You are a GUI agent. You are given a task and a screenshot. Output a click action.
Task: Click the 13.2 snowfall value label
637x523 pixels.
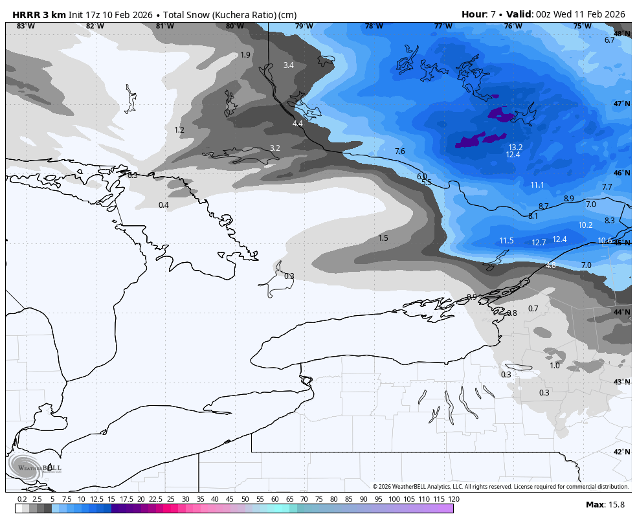pos(515,147)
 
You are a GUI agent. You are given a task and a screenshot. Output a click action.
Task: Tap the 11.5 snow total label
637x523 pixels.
pos(506,241)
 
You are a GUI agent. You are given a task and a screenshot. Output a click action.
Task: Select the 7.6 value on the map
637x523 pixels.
pos(399,151)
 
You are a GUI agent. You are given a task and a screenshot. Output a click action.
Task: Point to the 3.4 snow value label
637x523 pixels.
pos(289,65)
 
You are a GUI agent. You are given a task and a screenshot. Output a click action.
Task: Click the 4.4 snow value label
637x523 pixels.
pos(298,124)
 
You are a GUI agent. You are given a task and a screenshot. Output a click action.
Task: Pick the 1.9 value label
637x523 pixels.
pos(245,55)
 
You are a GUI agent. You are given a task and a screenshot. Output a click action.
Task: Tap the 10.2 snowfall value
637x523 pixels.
pos(585,225)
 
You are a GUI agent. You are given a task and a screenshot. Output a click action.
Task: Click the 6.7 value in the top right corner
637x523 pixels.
pos(609,40)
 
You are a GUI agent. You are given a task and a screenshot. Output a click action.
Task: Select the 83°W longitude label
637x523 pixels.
pos(25,26)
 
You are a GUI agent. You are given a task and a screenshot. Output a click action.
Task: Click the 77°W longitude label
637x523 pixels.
pos(443,26)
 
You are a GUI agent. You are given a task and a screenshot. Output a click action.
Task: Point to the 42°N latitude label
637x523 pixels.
pos(621,452)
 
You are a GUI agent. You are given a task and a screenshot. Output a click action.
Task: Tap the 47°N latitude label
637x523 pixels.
pos(621,104)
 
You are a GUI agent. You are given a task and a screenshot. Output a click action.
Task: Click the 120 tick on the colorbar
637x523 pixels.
pos(453,499)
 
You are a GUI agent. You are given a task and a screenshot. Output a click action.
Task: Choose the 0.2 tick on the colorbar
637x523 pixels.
pos(22,499)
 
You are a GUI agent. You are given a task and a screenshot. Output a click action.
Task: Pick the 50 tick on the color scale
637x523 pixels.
pos(245,499)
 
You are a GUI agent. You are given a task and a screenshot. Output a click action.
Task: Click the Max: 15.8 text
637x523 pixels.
pos(605,504)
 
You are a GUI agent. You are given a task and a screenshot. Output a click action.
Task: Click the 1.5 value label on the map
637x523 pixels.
pos(383,238)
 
